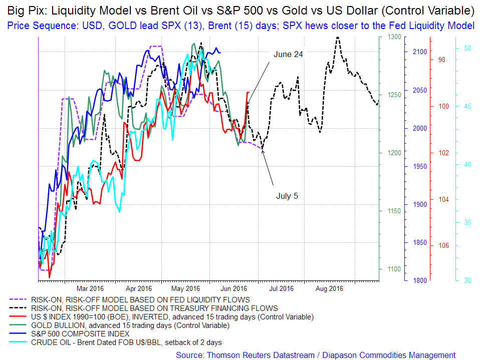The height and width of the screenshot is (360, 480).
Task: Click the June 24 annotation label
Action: click(288, 54)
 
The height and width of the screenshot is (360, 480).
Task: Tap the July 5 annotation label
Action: click(287, 196)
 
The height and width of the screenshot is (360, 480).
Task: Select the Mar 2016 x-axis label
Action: click(91, 288)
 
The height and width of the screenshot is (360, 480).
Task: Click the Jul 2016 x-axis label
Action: click(281, 288)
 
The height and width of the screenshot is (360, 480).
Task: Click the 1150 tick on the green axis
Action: click(394, 211)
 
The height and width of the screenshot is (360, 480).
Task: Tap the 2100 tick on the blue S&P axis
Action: click(419, 52)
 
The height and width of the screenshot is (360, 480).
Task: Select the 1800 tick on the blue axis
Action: click(419, 281)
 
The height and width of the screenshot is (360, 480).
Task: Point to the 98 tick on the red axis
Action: click(441, 60)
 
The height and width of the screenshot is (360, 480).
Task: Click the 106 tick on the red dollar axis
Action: click(443, 246)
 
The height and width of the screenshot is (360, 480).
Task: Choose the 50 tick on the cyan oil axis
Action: click(467, 49)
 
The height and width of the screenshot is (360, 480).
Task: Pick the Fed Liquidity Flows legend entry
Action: click(140, 300)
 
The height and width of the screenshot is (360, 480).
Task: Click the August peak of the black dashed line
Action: click(337, 38)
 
